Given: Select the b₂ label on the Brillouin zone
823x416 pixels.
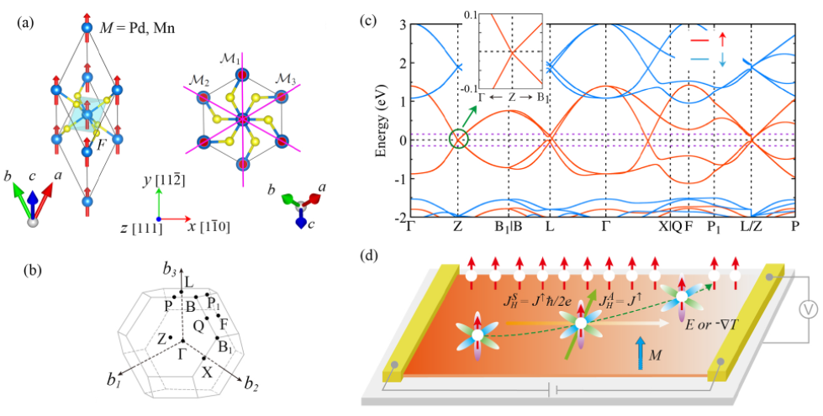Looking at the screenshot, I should point(251,386).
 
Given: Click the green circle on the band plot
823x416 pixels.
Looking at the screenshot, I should point(457,139).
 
